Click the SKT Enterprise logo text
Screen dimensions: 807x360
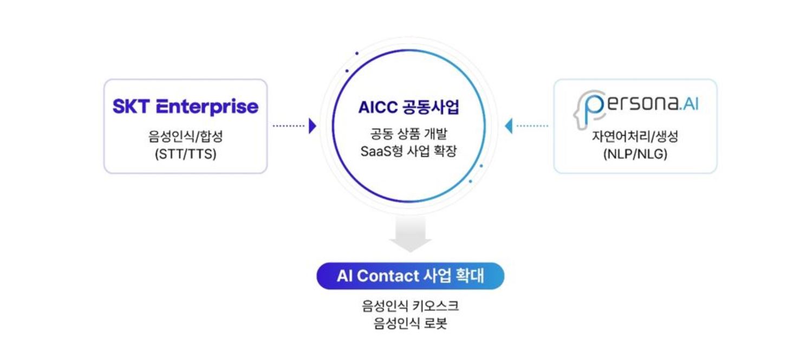pyautogui.click(x=186, y=107)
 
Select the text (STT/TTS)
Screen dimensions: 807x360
pyautogui.click(x=186, y=154)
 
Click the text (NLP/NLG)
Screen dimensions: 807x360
pyautogui.click(x=635, y=154)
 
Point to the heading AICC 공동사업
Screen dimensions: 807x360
pyautogui.click(x=408, y=107)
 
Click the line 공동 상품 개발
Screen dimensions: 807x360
pyautogui.click(x=408, y=134)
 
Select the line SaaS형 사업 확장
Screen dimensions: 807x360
pyautogui.click(x=408, y=151)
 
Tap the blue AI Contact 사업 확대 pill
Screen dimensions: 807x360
pyautogui.click(x=411, y=276)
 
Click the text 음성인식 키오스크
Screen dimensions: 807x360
pyautogui.click(x=410, y=306)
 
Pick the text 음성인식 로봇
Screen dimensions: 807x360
pyautogui.click(x=410, y=323)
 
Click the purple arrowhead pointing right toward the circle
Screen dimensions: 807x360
pyautogui.click(x=313, y=126)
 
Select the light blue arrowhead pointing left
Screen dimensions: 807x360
pyautogui.click(x=509, y=126)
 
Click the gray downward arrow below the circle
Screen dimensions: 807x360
pyautogui.click(x=411, y=233)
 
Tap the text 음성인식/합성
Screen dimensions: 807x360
pyautogui.click(x=186, y=136)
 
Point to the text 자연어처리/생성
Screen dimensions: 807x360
pyautogui.click(x=635, y=136)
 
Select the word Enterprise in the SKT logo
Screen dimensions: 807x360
pyautogui.click(x=207, y=107)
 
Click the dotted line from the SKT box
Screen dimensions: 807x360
pyautogui.click(x=289, y=126)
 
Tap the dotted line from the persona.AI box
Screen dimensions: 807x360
pyautogui.click(x=532, y=126)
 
